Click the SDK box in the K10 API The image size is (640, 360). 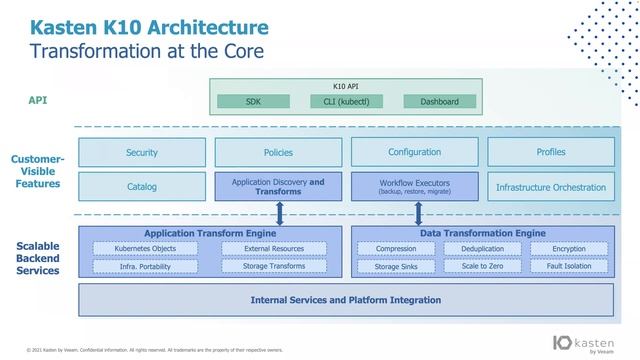pyautogui.click(x=253, y=101)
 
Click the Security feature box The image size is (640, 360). pyautogui.click(x=142, y=152)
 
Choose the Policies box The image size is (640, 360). pyautogui.click(x=279, y=152)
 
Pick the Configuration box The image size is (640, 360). pyautogui.click(x=414, y=152)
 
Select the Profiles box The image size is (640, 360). pyautogui.click(x=551, y=152)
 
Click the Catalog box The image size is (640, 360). pyautogui.click(x=142, y=187)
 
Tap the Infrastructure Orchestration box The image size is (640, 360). pyautogui.click(x=551, y=187)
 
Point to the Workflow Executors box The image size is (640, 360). pyautogui.click(x=414, y=186)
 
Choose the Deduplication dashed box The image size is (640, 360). pyautogui.click(x=475, y=249)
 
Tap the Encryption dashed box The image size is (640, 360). pyautogui.click(x=569, y=249)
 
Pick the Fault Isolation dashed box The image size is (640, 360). pyautogui.click(x=569, y=266)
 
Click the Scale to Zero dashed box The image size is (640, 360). pyautogui.click(x=475, y=266)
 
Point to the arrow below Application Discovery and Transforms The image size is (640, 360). pyautogui.click(x=280, y=214)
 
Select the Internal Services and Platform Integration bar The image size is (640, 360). pyautogui.click(x=346, y=299)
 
